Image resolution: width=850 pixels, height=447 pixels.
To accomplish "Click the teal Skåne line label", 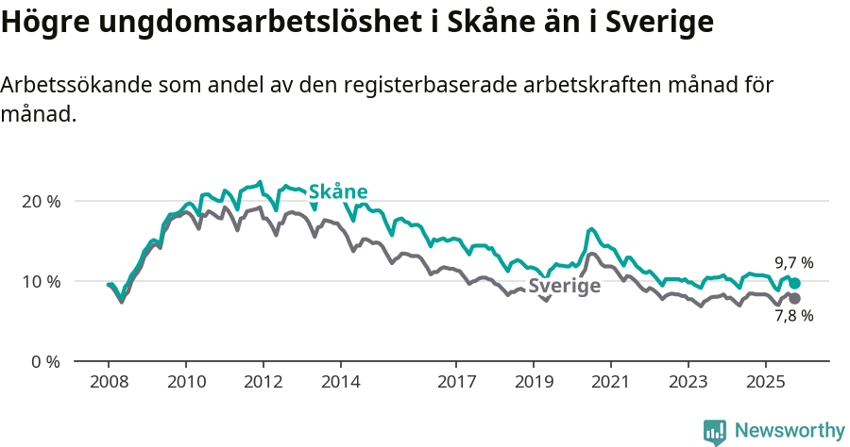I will (x=338, y=191).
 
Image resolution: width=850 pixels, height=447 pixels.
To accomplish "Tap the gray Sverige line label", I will (x=564, y=287).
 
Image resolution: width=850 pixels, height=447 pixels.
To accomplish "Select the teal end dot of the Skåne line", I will (x=794, y=283).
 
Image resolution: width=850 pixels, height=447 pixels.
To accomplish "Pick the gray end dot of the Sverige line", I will (x=794, y=298).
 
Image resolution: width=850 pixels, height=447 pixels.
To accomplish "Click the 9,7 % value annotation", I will (x=794, y=263).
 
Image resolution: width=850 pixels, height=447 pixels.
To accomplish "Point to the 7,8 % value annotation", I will (x=794, y=317).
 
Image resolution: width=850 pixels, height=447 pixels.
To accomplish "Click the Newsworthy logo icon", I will (x=715, y=432).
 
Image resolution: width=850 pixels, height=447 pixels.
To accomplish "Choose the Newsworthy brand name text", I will (x=790, y=431).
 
